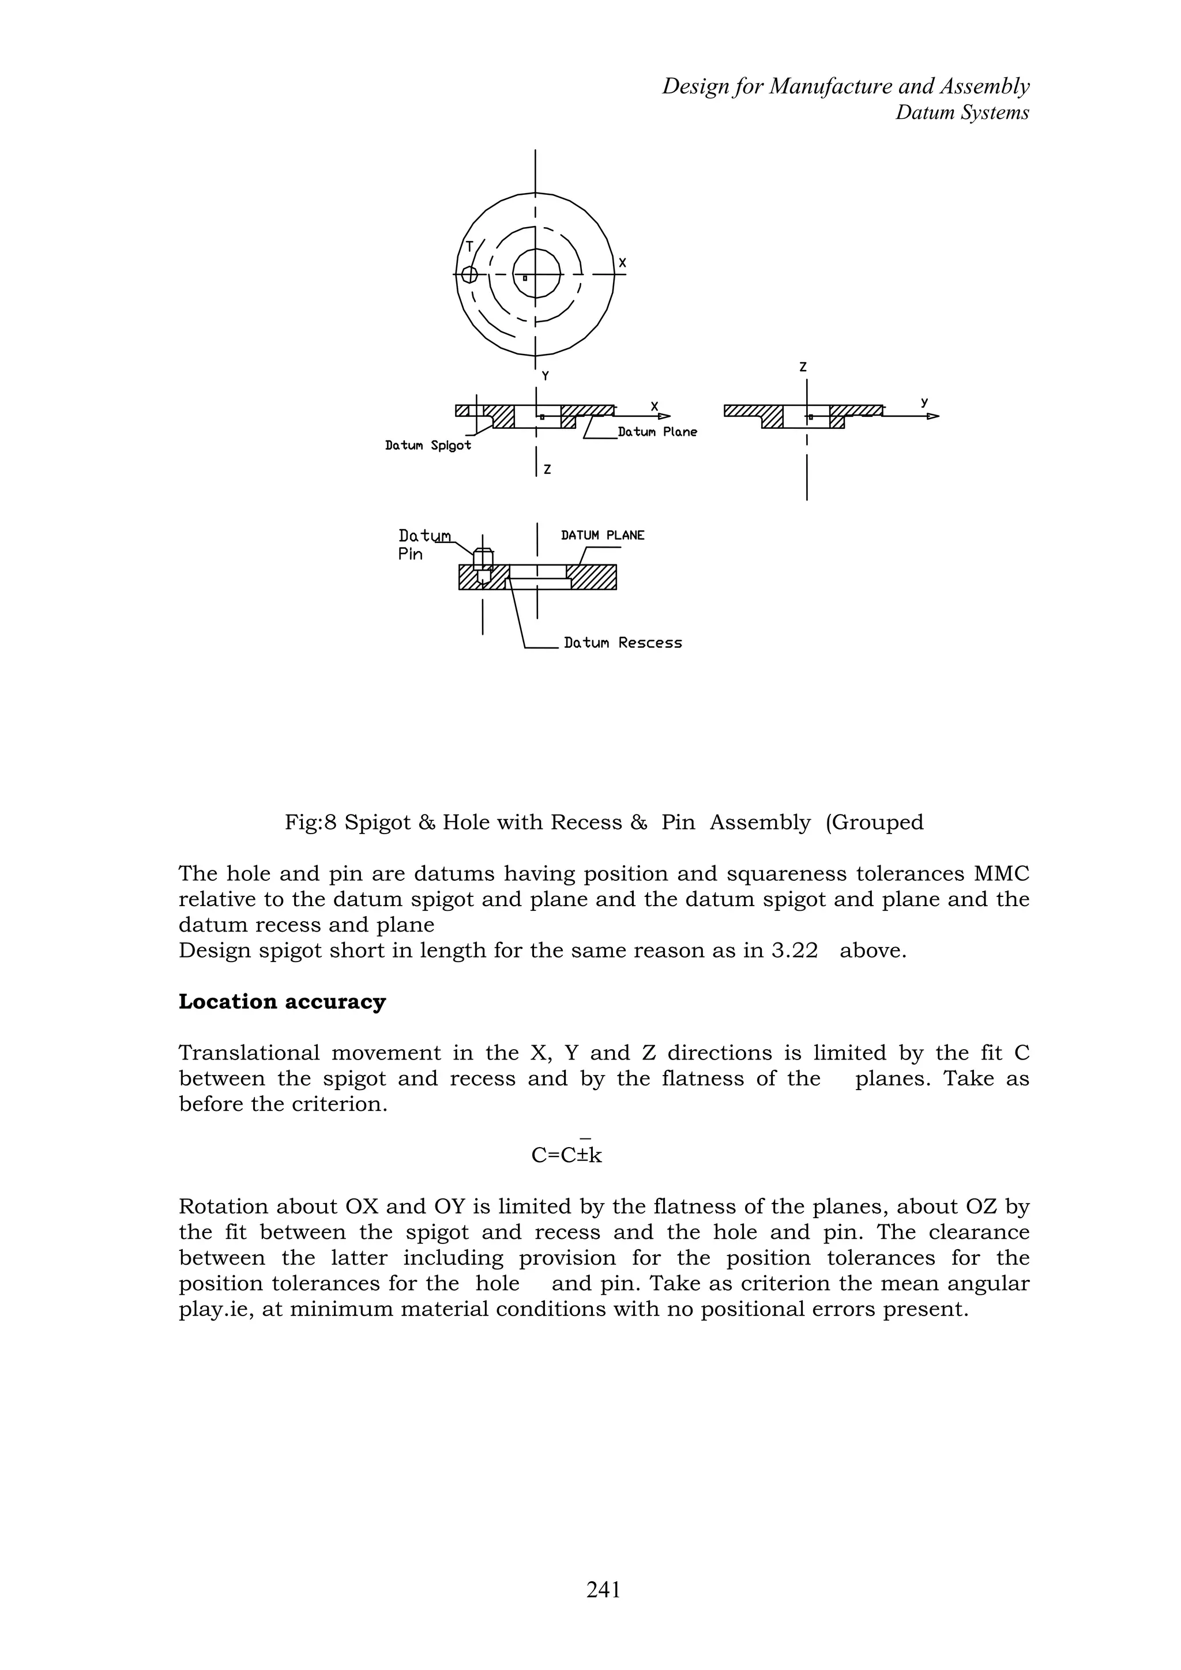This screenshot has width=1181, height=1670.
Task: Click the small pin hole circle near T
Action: point(469,274)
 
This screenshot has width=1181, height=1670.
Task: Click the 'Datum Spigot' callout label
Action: point(428,445)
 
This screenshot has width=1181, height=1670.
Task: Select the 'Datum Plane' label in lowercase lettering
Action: point(657,432)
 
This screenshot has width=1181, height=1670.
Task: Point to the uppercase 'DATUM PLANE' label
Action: point(603,536)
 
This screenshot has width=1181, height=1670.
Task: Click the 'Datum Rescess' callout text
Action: point(623,643)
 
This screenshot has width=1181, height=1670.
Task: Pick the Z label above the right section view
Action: point(803,368)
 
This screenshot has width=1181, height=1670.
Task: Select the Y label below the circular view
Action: point(545,376)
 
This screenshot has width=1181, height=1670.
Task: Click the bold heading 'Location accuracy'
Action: point(283,1001)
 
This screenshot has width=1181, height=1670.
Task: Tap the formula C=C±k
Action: point(567,1154)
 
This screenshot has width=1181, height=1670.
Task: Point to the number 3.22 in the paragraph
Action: point(794,951)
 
